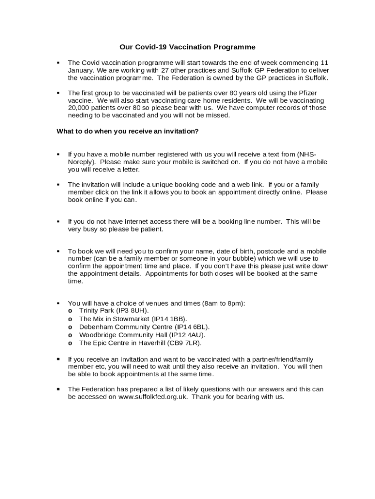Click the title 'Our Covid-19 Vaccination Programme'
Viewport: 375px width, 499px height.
click(x=187, y=47)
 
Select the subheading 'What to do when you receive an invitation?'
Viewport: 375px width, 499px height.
click(x=128, y=132)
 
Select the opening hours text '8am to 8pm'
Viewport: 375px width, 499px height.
click(x=224, y=303)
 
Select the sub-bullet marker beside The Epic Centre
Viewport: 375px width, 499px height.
click(x=71, y=343)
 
